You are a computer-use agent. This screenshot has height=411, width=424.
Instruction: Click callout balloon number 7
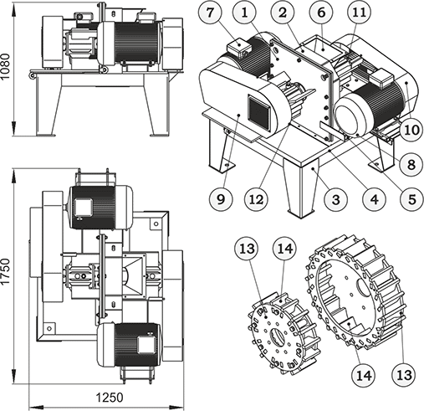coord(211,13)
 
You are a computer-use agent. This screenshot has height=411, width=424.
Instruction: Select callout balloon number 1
coord(244,13)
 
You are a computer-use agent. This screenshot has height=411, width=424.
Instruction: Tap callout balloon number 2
coord(283,13)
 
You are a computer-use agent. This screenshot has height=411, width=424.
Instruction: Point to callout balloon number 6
coord(321,13)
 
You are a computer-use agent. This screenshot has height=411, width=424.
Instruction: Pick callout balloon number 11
coord(360,13)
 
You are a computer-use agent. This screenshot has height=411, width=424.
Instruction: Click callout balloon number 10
coord(411,130)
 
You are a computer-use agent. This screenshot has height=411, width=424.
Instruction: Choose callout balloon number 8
coord(411,165)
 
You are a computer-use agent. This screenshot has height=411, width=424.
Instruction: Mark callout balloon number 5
coord(411,199)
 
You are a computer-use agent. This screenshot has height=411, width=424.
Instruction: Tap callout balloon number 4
coord(374,199)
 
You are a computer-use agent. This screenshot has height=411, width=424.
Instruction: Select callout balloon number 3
coord(336,199)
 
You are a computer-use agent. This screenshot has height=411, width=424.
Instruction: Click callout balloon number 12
coord(257,199)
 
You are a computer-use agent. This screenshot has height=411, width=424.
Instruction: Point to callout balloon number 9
coord(221,199)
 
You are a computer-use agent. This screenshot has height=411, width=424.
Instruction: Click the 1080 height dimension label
coord(5,66)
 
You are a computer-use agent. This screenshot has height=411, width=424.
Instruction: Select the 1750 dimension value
coord(5,271)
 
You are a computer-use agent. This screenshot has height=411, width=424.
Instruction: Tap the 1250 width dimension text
coord(110,398)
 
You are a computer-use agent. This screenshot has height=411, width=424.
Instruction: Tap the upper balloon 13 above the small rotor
coord(247,248)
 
